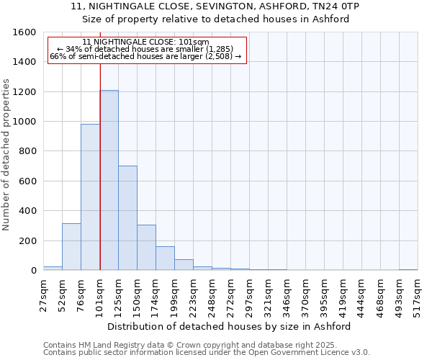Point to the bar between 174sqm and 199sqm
165,258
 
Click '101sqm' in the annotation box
194,42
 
